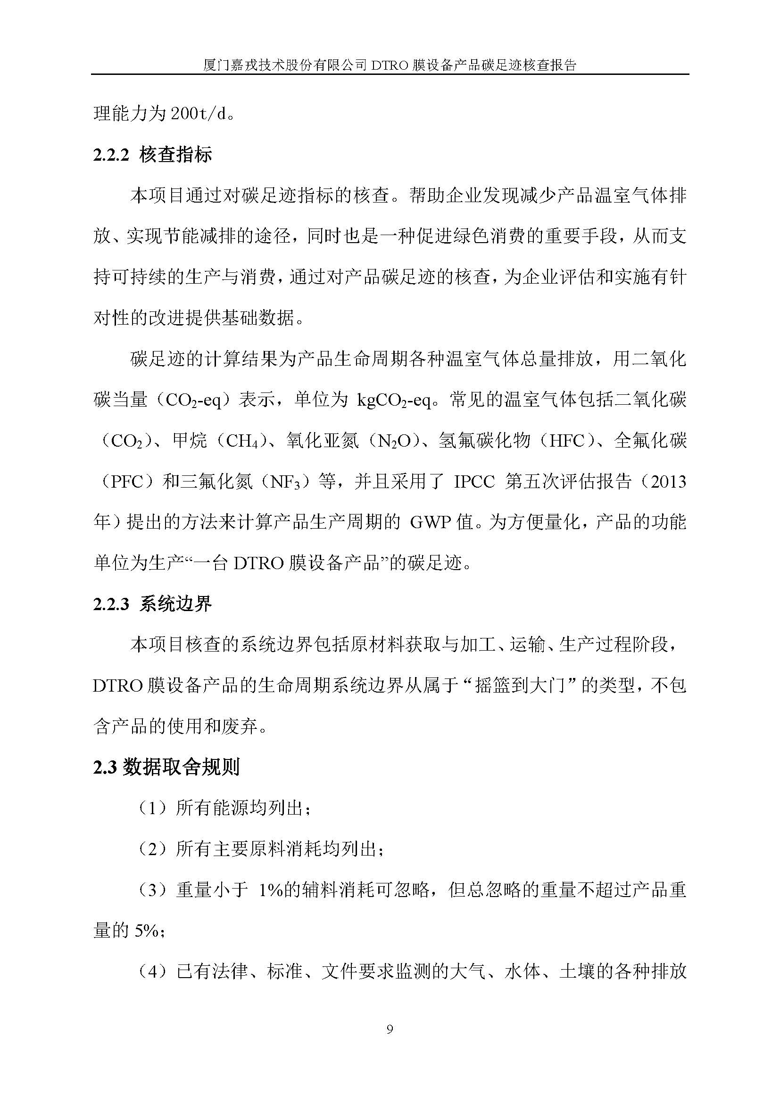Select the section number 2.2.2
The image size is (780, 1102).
click(x=111, y=155)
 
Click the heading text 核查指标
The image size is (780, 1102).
click(x=176, y=155)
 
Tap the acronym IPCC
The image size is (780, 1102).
click(x=474, y=482)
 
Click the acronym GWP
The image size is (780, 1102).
click(x=429, y=522)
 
